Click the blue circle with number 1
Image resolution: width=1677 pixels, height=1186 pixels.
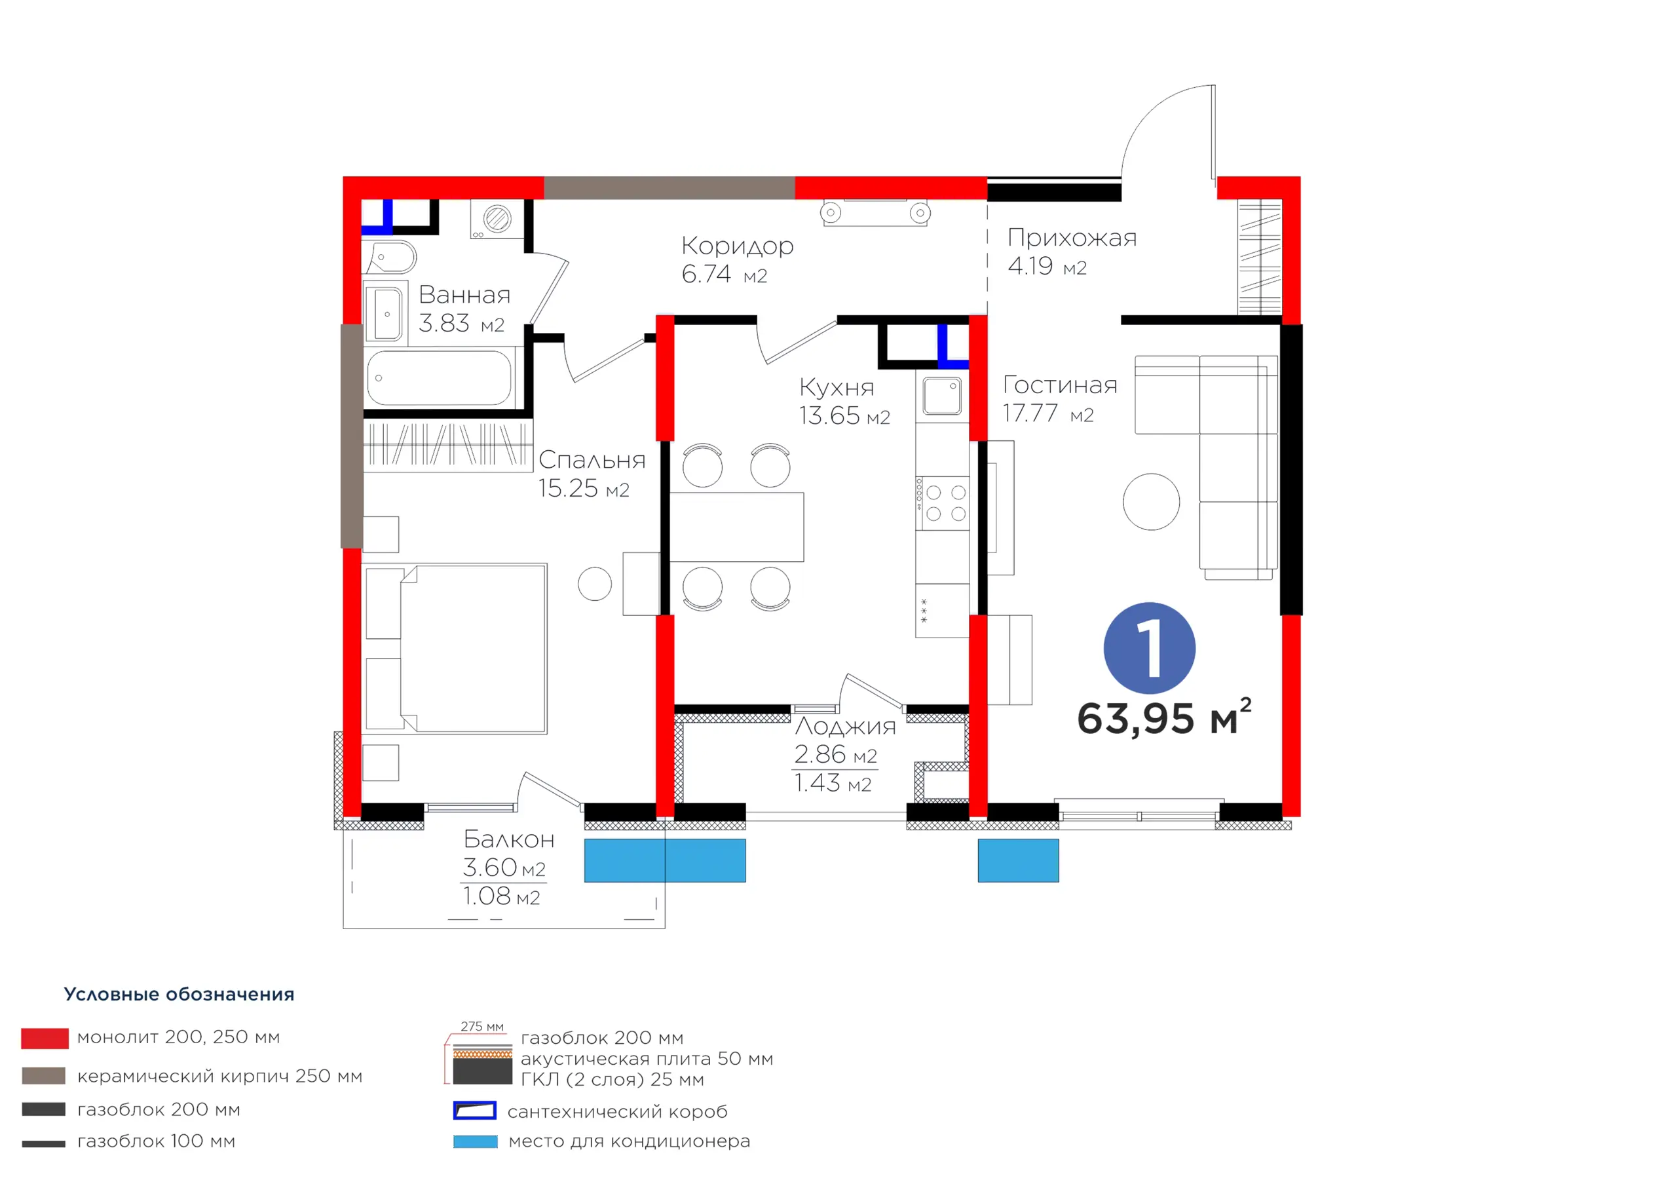[x=1149, y=647]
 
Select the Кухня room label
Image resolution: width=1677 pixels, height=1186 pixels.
[x=837, y=387]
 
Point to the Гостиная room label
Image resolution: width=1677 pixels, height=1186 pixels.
[x=1060, y=385]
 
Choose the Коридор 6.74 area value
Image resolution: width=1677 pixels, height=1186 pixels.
[x=724, y=274]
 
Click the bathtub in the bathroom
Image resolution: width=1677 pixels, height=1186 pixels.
[x=440, y=378]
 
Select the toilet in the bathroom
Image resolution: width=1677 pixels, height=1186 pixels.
[x=392, y=258]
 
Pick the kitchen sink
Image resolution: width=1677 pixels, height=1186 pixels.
[x=942, y=395]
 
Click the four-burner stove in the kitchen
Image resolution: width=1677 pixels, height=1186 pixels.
[x=942, y=503]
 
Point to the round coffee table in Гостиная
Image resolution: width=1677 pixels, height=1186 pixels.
[x=1151, y=501]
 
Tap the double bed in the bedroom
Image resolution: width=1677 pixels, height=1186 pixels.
[x=456, y=647]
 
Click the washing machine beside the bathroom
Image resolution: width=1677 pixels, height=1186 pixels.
[x=497, y=218]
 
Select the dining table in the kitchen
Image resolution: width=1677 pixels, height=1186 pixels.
[x=736, y=527]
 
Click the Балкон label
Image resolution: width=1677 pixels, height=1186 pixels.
[x=509, y=839]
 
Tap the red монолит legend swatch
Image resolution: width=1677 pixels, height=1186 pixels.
[x=45, y=1039]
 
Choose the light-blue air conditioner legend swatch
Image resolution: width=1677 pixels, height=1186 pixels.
[x=476, y=1141]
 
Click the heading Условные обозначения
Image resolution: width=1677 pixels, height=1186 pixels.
[x=179, y=994]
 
